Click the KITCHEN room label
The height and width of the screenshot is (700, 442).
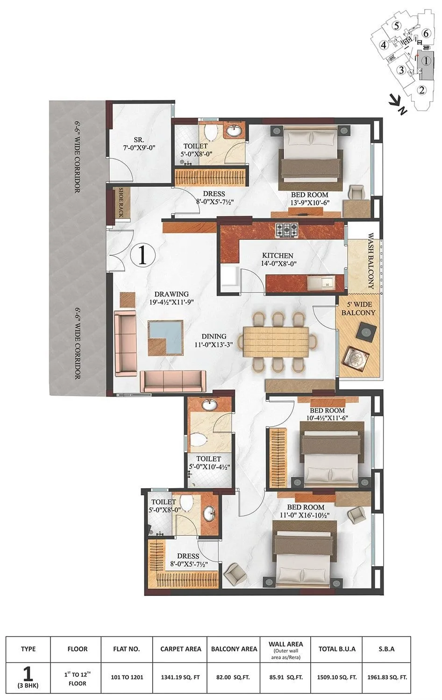(278, 256)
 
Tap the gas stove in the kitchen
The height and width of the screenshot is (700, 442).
(285, 229)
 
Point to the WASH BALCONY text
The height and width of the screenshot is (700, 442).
(371, 261)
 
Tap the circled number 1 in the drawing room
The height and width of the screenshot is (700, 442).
(143, 254)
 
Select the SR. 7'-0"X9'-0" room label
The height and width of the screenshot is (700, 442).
(138, 143)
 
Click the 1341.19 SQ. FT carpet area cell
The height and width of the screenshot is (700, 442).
(181, 677)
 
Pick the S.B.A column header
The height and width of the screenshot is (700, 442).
(387, 649)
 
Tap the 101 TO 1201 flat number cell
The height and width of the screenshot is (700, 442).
(126, 677)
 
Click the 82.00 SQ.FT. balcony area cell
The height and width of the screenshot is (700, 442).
(234, 677)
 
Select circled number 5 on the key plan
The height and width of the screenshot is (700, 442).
(396, 26)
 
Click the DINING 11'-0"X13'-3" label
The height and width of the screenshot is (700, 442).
(214, 340)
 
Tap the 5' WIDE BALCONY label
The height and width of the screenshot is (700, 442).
(358, 308)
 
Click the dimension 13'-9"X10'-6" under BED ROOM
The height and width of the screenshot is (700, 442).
(309, 202)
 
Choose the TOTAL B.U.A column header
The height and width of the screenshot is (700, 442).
(337, 649)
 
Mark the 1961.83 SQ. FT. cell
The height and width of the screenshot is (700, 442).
(387, 677)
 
